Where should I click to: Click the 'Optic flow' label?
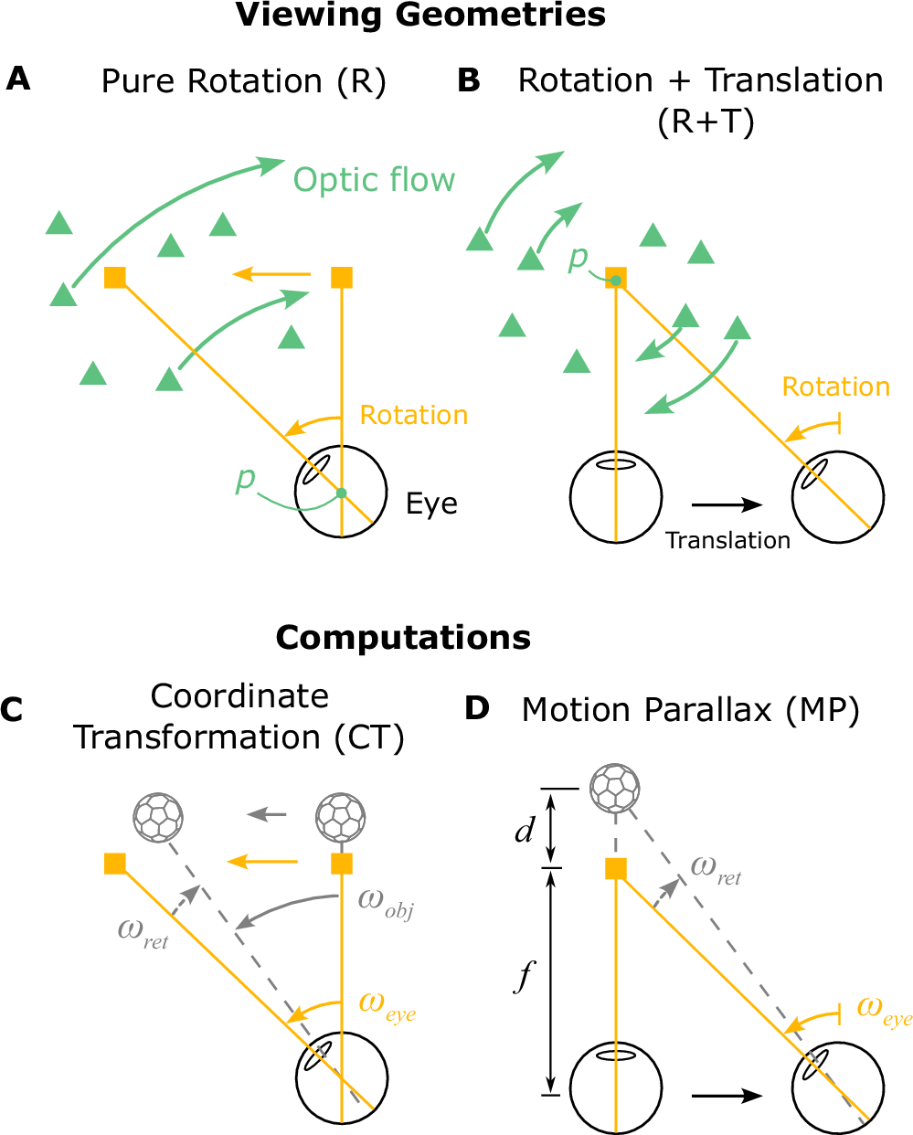pos(374,180)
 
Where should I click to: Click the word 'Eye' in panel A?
pos(431,504)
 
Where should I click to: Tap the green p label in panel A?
pos(245,478)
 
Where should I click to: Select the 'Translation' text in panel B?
pos(727,541)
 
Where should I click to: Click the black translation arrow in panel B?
pos(727,504)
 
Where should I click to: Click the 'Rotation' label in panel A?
pos(413,416)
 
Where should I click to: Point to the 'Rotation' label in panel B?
pos(835,387)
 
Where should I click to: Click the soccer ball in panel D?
pos(614,788)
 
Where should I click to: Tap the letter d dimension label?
pos(524,832)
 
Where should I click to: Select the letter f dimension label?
pos(524,977)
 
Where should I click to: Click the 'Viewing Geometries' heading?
pos(420,16)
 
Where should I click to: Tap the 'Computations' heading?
pos(403,637)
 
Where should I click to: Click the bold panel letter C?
pos(12,710)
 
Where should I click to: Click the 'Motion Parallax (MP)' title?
pos(690,710)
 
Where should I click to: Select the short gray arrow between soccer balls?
pos(269,815)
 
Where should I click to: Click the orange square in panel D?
pos(616,868)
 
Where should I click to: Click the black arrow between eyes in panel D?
pos(727,1096)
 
